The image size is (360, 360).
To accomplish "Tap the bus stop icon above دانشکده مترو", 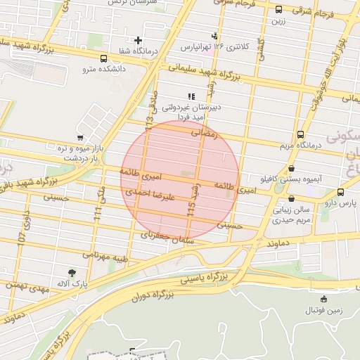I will tap(104, 59).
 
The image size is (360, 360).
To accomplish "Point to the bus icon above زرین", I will tap(279, 10).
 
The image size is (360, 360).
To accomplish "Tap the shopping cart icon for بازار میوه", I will tap(81, 138).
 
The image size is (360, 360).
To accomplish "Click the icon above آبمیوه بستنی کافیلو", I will tap(291, 168).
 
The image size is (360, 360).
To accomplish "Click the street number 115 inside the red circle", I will tap(191, 208).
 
